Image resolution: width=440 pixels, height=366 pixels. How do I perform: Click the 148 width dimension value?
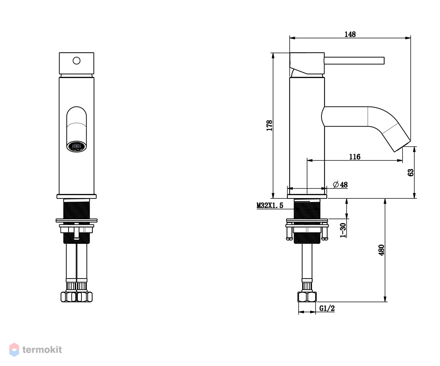(350, 34)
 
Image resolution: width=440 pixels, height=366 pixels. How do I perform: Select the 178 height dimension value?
(269, 126)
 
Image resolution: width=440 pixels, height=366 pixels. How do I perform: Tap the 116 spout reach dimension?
(355, 157)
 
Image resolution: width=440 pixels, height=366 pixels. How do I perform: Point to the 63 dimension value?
(411, 172)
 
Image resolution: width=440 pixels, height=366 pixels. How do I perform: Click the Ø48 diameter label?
(340, 185)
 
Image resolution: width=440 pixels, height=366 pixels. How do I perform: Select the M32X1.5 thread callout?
(270, 205)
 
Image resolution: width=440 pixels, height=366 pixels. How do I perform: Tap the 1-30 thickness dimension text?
(343, 230)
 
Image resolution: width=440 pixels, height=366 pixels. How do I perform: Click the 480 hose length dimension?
(381, 250)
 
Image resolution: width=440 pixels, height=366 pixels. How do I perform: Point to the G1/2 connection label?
(327, 309)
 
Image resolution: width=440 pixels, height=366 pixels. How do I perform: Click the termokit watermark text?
(42, 350)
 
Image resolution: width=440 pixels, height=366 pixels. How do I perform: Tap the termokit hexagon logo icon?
(14, 350)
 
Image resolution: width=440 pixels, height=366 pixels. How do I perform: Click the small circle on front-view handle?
(77, 61)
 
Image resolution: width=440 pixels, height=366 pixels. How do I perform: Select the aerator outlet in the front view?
(77, 146)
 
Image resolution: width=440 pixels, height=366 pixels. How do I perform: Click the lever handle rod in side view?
(355, 61)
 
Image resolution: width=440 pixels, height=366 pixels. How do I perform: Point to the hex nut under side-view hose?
(307, 297)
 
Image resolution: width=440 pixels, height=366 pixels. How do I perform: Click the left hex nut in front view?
(69, 297)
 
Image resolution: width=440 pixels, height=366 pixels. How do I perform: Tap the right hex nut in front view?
(84, 297)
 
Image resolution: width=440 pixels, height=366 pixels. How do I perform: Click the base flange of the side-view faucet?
(307, 197)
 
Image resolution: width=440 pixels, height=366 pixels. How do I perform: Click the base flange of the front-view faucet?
(77, 197)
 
